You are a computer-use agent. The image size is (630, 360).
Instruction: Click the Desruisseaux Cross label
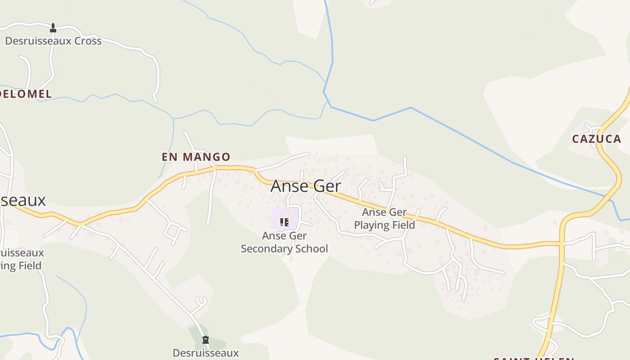pyautogui.click(x=53, y=41)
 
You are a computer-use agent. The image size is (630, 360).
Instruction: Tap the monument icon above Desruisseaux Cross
pyautogui.click(x=53, y=28)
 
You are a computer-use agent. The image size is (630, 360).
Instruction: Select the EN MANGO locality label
pyautogui.click(x=196, y=157)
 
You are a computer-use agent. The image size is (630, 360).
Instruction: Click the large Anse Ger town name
pyautogui.click(x=306, y=186)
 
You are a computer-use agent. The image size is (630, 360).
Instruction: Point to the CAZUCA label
pyautogui.click(x=596, y=139)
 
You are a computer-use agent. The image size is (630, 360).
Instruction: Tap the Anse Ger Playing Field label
pyautogui.click(x=384, y=218)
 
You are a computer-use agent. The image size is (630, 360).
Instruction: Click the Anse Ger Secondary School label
pyautogui.click(x=284, y=242)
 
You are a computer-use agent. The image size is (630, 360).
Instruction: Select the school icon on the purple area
pyautogui.click(x=284, y=222)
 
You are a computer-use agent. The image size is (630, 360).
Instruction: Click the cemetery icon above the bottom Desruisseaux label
pyautogui.click(x=206, y=340)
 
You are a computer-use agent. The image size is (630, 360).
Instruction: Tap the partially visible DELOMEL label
pyautogui.click(x=26, y=94)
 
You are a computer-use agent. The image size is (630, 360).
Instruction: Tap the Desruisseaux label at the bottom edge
pyautogui.click(x=206, y=353)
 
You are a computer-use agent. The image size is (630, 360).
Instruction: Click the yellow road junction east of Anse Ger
pyautogui.click(x=562, y=243)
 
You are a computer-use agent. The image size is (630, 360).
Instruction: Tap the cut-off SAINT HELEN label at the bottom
pyautogui.click(x=533, y=358)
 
